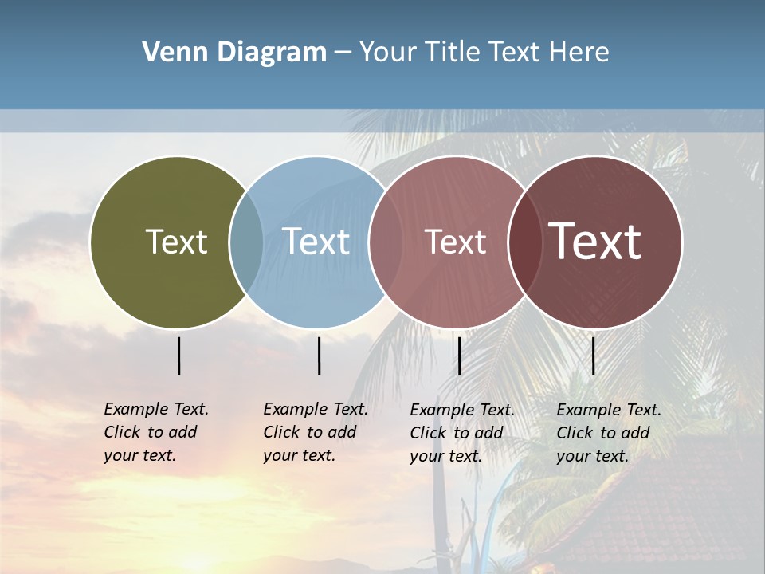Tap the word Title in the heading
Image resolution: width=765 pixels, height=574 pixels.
(x=451, y=53)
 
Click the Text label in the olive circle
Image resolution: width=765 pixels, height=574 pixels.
(x=176, y=242)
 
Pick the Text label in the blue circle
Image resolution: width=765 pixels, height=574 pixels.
(x=316, y=242)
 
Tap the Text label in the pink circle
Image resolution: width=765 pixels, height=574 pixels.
(x=455, y=242)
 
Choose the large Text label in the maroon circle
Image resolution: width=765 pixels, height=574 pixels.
(x=595, y=241)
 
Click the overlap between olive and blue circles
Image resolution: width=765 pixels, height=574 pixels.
(x=246, y=242)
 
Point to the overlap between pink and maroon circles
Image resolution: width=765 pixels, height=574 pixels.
(x=522, y=242)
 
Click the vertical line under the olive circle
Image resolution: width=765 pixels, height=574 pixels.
(x=179, y=356)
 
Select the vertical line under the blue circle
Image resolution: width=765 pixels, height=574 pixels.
(x=319, y=356)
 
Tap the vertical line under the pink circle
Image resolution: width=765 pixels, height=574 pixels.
(x=459, y=356)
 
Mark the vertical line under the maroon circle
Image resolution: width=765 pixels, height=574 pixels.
(x=593, y=356)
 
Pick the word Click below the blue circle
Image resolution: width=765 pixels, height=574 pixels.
(x=281, y=432)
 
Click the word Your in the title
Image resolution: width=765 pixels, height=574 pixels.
(x=386, y=53)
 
